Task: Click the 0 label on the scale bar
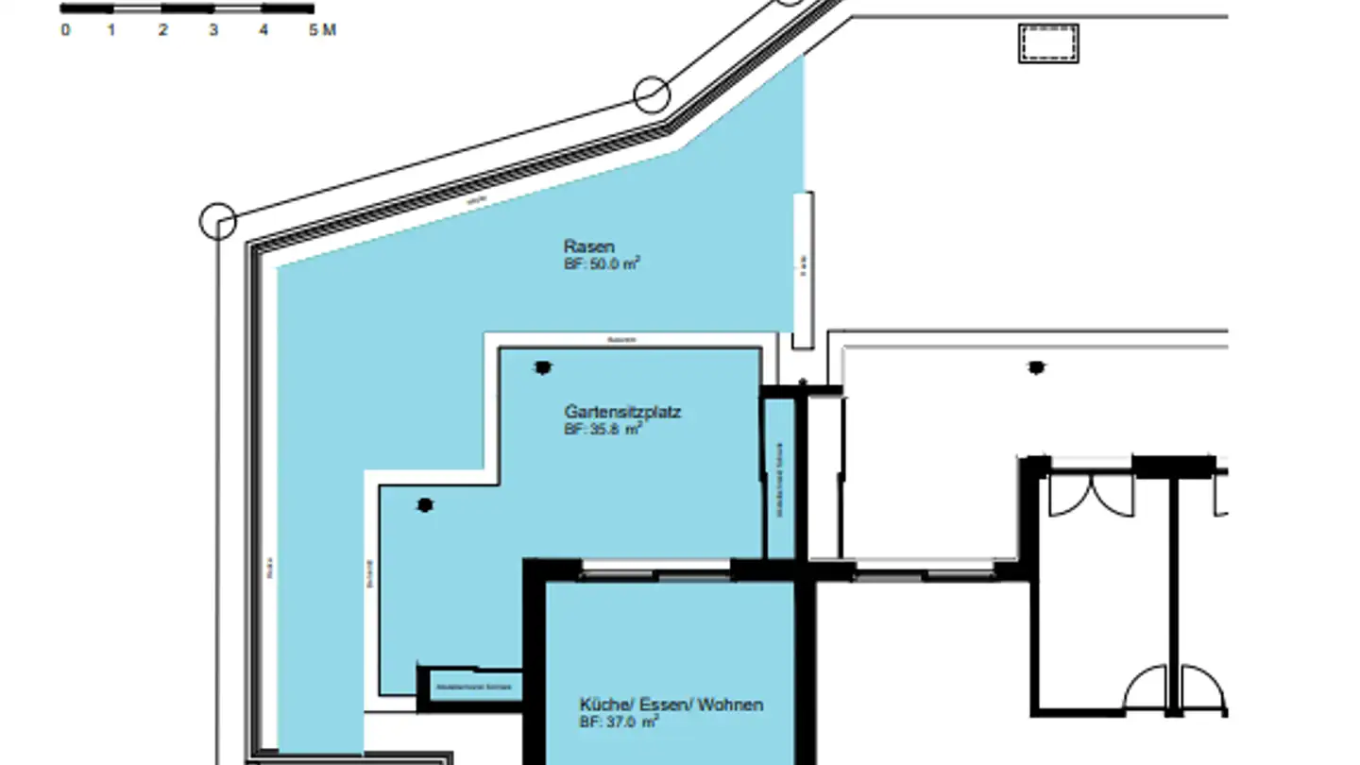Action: pyautogui.click(x=65, y=30)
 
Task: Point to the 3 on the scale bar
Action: pyautogui.click(x=213, y=30)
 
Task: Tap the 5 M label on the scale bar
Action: pyautogui.click(x=322, y=30)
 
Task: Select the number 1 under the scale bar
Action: pyautogui.click(x=111, y=30)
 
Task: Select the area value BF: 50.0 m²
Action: pyautogui.click(x=602, y=264)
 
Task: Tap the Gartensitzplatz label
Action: pyautogui.click(x=622, y=412)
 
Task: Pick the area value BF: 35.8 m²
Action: pyautogui.click(x=603, y=429)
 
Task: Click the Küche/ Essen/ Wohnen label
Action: pyautogui.click(x=671, y=705)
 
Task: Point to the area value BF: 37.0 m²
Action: pyautogui.click(x=618, y=722)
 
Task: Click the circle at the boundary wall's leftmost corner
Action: pyautogui.click(x=218, y=221)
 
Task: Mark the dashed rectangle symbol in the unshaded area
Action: pyautogui.click(x=1048, y=43)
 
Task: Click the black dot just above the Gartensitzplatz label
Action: pyautogui.click(x=542, y=367)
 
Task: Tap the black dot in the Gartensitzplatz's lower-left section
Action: pyautogui.click(x=425, y=505)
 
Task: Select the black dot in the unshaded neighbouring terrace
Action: pyautogui.click(x=1036, y=367)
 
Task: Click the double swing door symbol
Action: pyautogui.click(x=1092, y=495)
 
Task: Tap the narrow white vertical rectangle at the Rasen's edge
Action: pyautogui.click(x=803, y=270)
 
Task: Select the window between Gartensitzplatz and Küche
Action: pyautogui.click(x=655, y=570)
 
